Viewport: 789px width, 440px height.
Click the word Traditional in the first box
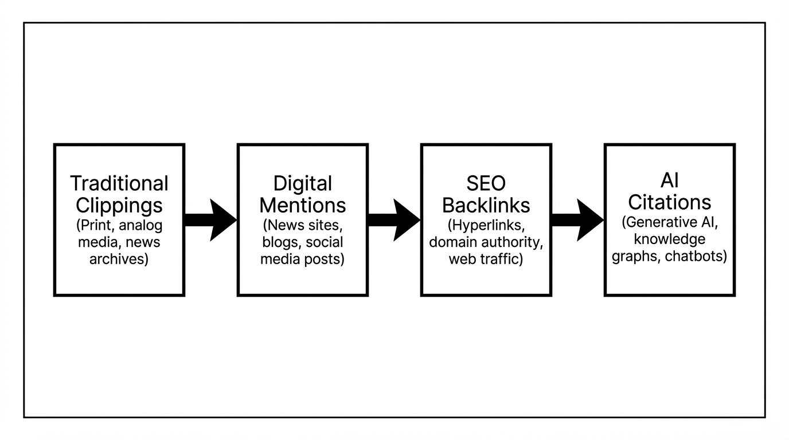[119, 183]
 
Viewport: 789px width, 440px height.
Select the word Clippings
[119, 205]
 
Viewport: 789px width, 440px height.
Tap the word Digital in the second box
[302, 183]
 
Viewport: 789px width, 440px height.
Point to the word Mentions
[302, 205]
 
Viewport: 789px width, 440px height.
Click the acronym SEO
[486, 183]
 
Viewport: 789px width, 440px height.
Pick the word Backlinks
[486, 205]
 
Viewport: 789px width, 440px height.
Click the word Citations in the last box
[669, 202]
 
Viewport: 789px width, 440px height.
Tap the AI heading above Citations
[669, 180]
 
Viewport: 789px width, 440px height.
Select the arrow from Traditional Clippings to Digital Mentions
[210, 220]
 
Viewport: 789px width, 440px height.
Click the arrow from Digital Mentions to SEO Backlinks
[393, 220]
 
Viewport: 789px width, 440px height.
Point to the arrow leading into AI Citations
[577, 220]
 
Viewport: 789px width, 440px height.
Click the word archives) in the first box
[119, 259]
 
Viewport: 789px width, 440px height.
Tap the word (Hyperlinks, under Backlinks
[486, 225]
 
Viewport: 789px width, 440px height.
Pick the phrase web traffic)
[486, 259]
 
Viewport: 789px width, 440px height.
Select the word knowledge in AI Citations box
[669, 239]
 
